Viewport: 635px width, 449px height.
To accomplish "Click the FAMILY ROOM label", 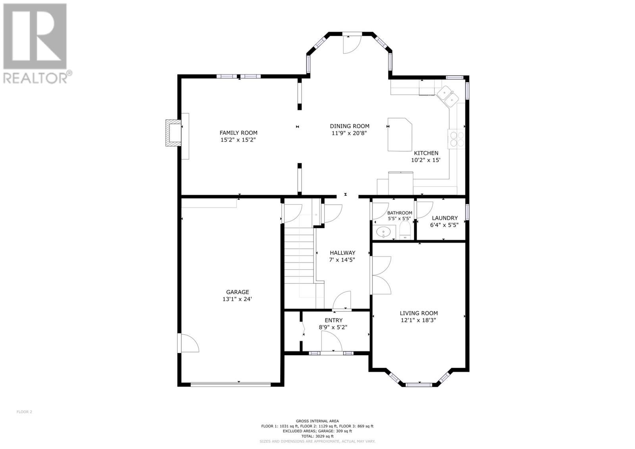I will [x=238, y=133].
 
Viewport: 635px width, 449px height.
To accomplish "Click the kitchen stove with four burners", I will [x=456, y=139].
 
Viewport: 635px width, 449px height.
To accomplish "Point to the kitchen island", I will [x=400, y=134].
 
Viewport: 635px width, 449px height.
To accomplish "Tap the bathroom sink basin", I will [x=384, y=231].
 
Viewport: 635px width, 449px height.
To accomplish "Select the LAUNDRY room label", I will [x=444, y=218].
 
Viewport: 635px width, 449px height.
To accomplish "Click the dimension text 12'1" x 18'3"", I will [x=419, y=320].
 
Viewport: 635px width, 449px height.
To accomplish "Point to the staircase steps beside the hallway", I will [x=299, y=258].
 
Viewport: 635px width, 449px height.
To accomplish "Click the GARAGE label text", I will [x=237, y=292].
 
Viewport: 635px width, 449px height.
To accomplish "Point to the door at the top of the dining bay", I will [x=351, y=44].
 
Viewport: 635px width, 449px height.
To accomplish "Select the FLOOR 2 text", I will [x=24, y=412].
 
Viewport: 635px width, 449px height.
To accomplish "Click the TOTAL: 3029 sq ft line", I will [x=317, y=436].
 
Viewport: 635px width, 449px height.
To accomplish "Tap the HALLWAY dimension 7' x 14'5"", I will [x=342, y=260].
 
